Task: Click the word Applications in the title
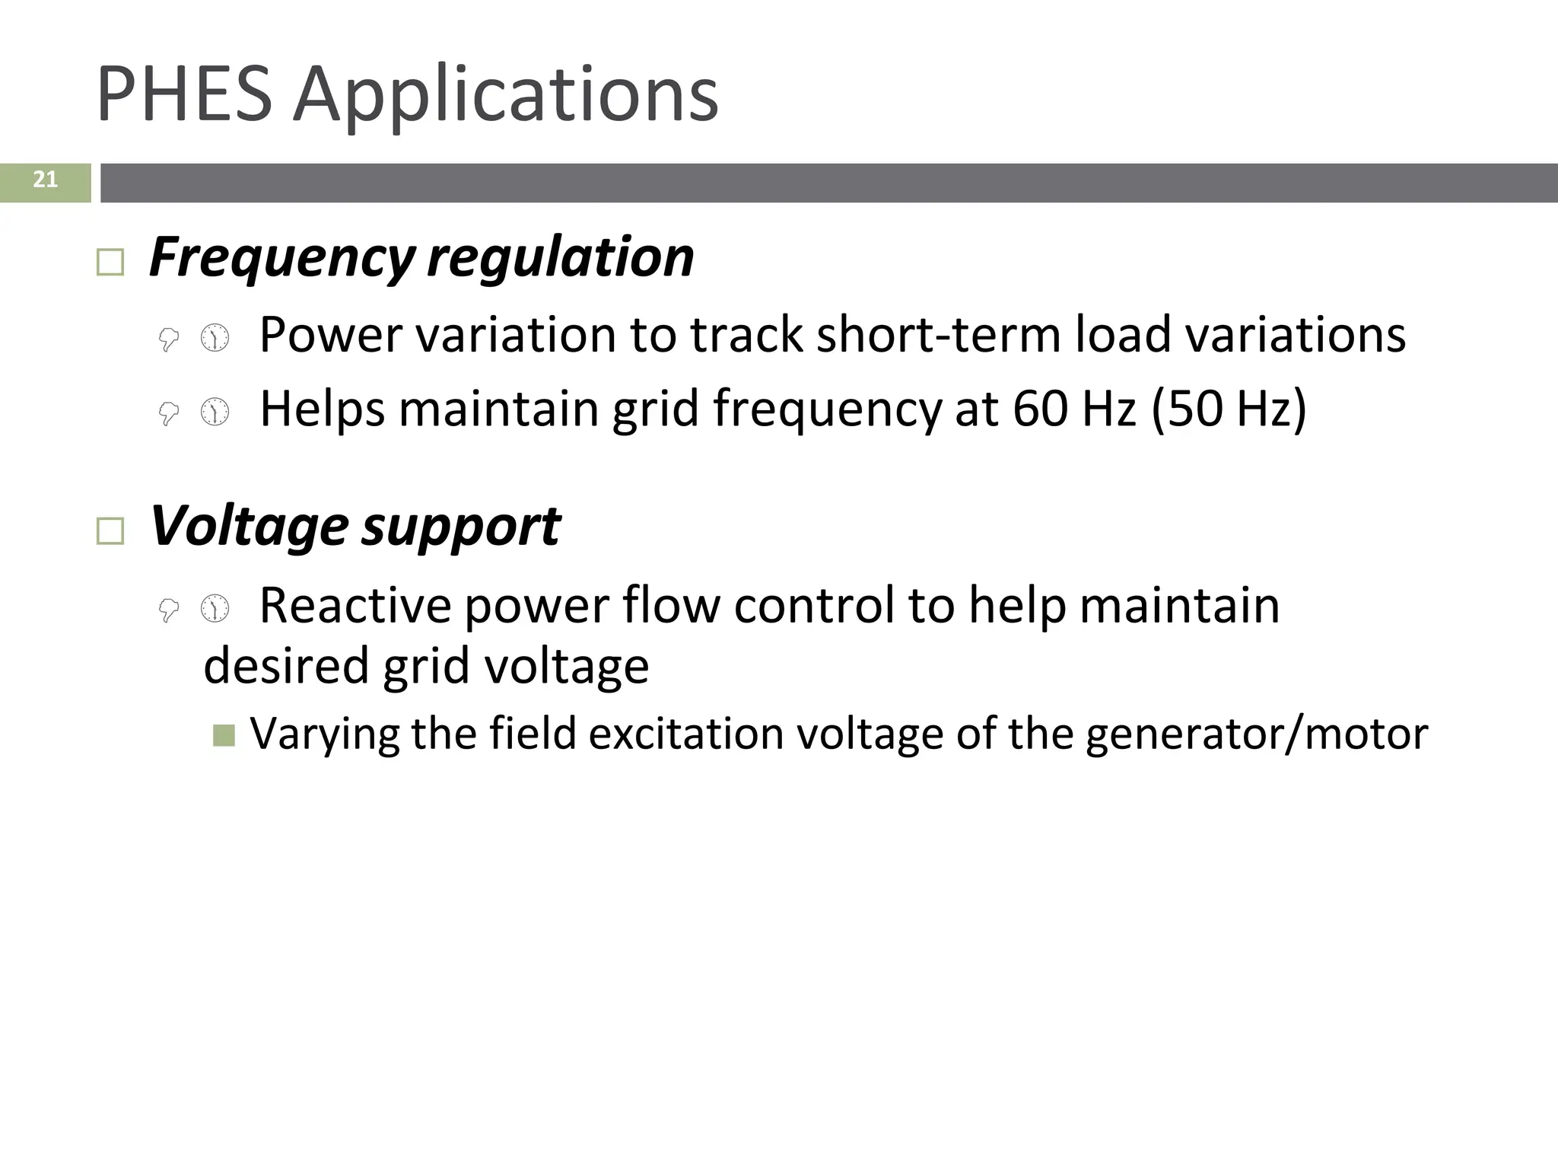(x=506, y=95)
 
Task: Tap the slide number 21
(x=45, y=180)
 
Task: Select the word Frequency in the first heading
(x=281, y=257)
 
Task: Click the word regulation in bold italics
(x=561, y=257)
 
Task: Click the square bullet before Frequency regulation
(x=111, y=263)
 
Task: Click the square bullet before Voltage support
(x=111, y=530)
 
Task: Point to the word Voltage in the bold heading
(x=249, y=526)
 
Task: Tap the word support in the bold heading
(x=461, y=527)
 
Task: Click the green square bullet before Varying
(x=224, y=734)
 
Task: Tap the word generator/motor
(x=1256, y=734)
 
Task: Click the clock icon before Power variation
(x=215, y=337)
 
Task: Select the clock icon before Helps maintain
(x=215, y=412)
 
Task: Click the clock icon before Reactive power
(x=215, y=608)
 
